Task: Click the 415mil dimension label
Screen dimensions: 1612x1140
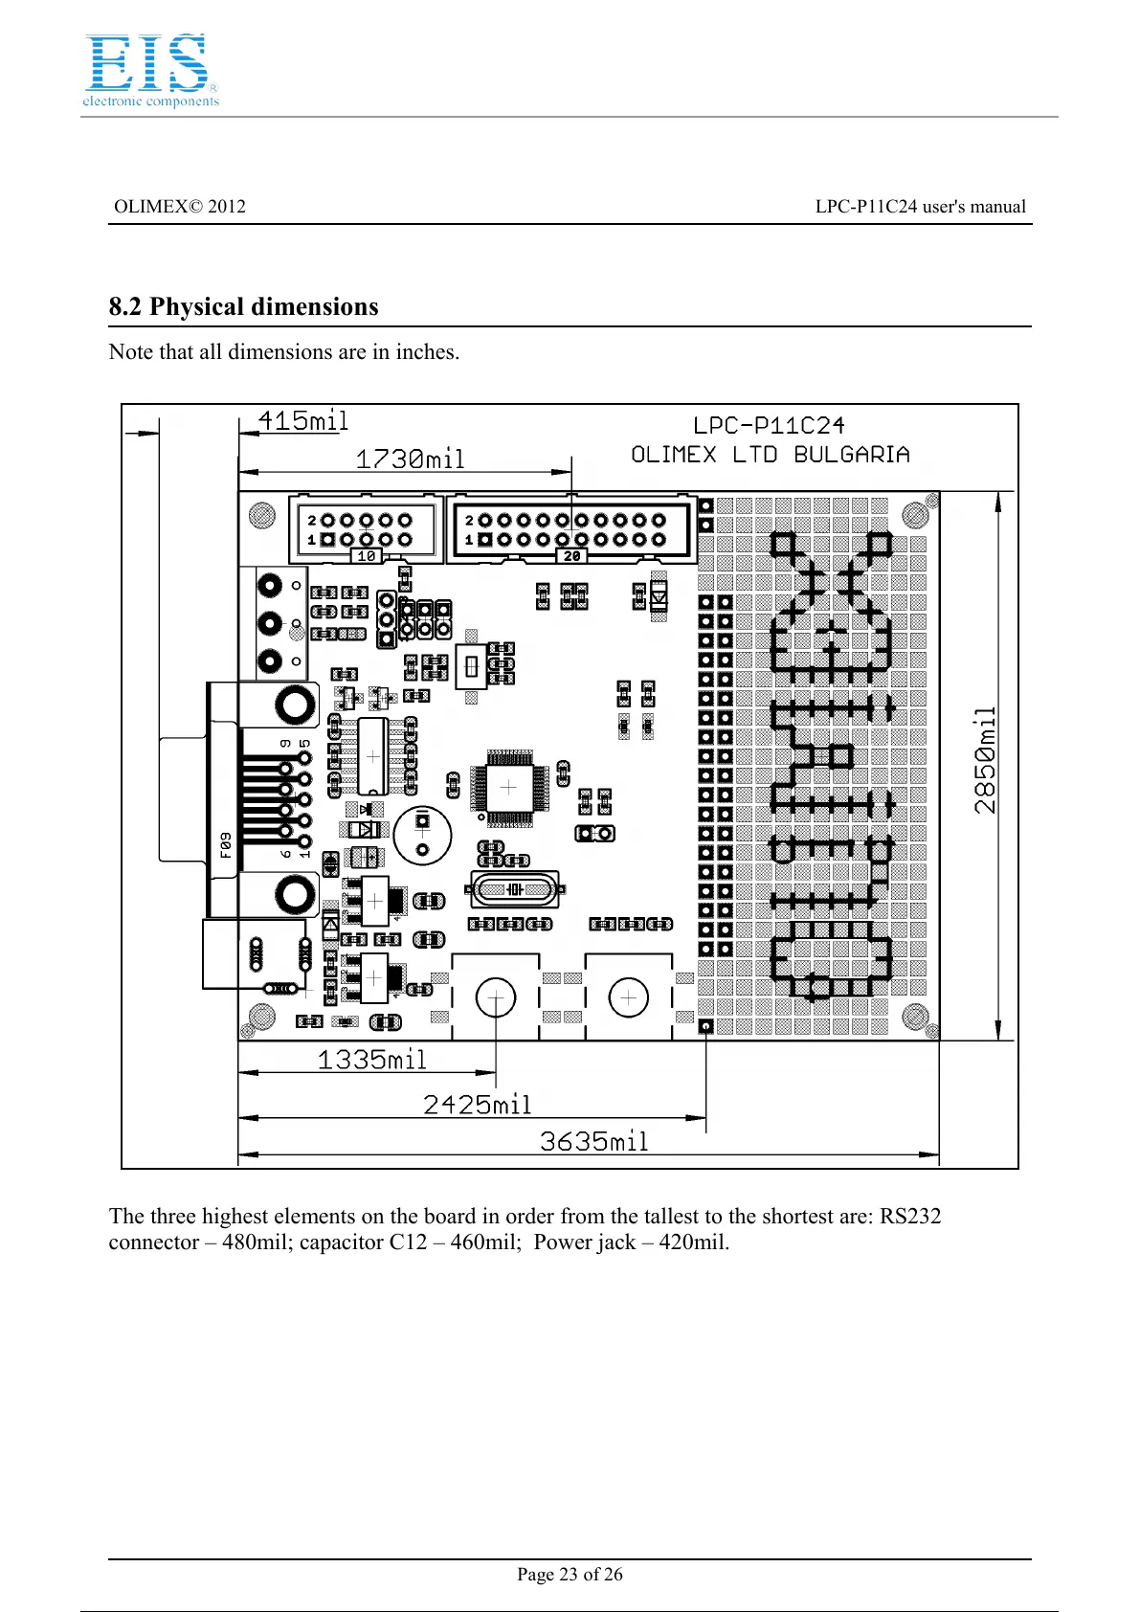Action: pyautogui.click(x=302, y=421)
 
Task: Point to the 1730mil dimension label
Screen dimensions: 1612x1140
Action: pyautogui.click(x=410, y=459)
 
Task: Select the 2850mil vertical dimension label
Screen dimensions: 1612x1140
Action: pyautogui.click(x=985, y=761)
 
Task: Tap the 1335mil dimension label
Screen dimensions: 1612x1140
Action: pyautogui.click(x=371, y=1060)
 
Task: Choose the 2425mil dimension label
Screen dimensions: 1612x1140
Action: pyautogui.click(x=477, y=1105)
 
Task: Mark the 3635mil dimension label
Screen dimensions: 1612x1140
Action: pyautogui.click(x=593, y=1141)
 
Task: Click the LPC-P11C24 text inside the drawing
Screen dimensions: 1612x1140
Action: pyautogui.click(x=769, y=426)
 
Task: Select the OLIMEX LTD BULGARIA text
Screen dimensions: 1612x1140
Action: pyautogui.click(x=770, y=455)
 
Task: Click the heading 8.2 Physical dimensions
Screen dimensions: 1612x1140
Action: pyautogui.click(x=243, y=307)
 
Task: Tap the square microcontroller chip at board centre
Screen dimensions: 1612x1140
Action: pyautogui.click(x=508, y=787)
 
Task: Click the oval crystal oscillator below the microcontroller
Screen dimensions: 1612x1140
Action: pyautogui.click(x=515, y=890)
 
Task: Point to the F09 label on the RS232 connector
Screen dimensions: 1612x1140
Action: pyautogui.click(x=225, y=844)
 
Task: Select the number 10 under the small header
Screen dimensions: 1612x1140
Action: pyautogui.click(x=366, y=556)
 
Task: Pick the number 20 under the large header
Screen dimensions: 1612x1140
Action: pyautogui.click(x=571, y=556)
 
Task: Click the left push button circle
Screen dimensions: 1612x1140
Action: pyautogui.click(x=495, y=998)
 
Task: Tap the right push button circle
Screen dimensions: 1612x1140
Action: pyautogui.click(x=628, y=997)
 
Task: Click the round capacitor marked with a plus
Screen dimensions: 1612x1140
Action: pyautogui.click(x=422, y=835)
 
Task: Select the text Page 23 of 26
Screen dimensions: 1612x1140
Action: pyautogui.click(x=570, y=1575)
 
